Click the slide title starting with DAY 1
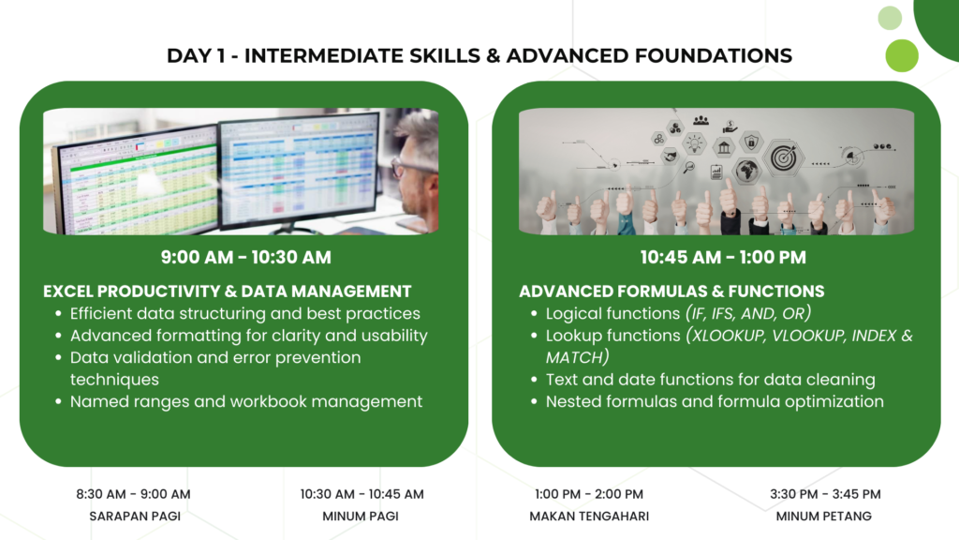click(x=479, y=55)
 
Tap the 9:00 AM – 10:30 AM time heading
click(x=246, y=257)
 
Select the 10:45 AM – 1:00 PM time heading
click(x=723, y=257)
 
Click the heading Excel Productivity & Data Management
click(x=227, y=291)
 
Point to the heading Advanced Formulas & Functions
click(x=671, y=291)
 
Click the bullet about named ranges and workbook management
click(x=246, y=401)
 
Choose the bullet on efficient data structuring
click(x=244, y=313)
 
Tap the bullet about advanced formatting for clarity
click(x=248, y=336)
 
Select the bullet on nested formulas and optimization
click(x=715, y=401)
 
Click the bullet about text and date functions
click(x=710, y=380)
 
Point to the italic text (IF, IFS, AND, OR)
click(x=748, y=313)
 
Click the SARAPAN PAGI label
click(x=135, y=517)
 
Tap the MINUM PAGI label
click(x=361, y=517)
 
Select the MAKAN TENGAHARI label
click(x=589, y=517)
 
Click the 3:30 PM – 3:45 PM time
click(x=825, y=494)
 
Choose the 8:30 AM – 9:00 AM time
click(x=133, y=494)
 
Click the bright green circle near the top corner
click(x=902, y=55)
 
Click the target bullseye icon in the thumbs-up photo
click(x=784, y=157)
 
